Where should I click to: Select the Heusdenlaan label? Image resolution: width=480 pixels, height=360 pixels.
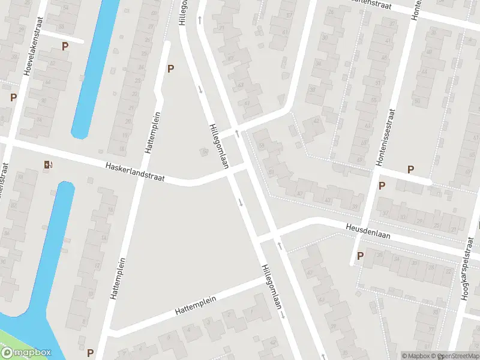(x=368, y=231)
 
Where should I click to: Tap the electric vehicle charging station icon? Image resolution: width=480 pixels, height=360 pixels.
(x=47, y=164)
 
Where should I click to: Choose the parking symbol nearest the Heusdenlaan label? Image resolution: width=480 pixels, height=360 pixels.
(x=361, y=256)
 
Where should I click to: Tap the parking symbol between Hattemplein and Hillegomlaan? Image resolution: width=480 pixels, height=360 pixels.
(x=170, y=68)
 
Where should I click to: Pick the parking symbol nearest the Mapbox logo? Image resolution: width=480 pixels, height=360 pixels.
(x=90, y=353)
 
